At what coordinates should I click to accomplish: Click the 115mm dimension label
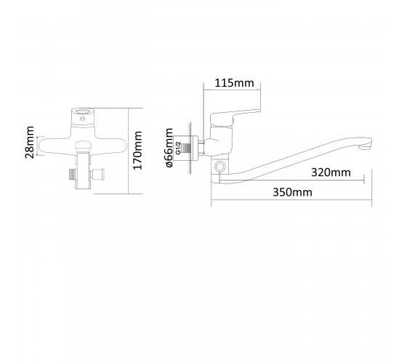234,83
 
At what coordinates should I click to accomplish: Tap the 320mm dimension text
331,172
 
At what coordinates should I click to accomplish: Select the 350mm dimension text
292,192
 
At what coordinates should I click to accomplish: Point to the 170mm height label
137,150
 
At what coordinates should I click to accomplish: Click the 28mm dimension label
29,142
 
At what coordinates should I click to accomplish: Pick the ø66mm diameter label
169,147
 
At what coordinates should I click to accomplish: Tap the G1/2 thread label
178,148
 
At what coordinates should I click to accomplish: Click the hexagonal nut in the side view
219,166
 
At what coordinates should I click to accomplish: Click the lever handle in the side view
235,116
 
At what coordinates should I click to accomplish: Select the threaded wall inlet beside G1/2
187,149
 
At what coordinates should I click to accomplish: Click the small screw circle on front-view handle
83,119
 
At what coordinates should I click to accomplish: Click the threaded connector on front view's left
72,175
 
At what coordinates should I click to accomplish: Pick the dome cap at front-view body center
83,144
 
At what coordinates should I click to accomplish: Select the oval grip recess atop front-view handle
83,112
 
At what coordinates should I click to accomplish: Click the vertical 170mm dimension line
129,151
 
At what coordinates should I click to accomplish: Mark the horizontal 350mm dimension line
291,200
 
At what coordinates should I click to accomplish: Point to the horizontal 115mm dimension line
232,90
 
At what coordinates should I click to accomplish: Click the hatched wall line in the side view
190,149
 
